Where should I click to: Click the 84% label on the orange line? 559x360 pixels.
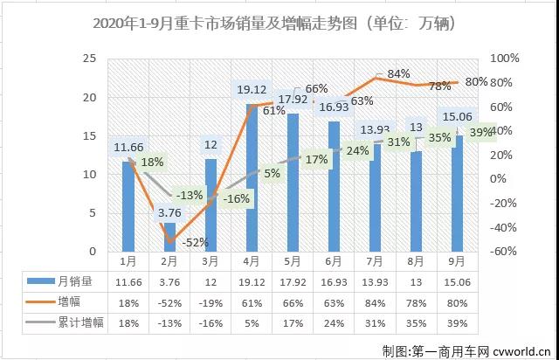[x=398, y=74]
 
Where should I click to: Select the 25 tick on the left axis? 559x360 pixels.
[x=88, y=59]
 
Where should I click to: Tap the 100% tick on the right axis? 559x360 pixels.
[x=506, y=58]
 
